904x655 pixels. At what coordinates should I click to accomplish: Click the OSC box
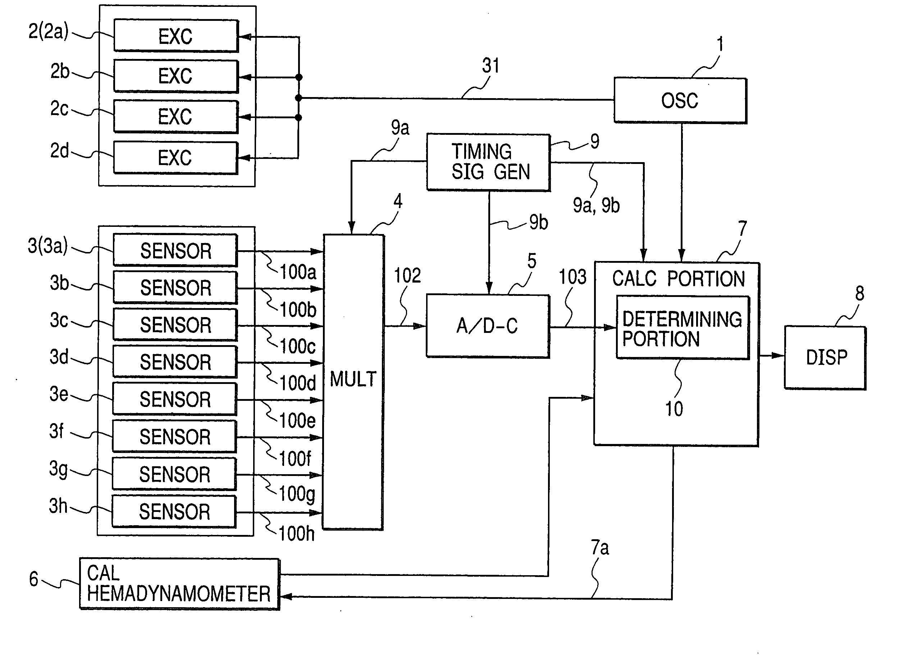pyautogui.click(x=680, y=100)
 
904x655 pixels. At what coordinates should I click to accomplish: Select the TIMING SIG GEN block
pyautogui.click(x=489, y=162)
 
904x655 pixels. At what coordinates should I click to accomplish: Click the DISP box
pyautogui.click(x=825, y=357)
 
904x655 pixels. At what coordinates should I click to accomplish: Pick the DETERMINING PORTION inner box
pyautogui.click(x=683, y=327)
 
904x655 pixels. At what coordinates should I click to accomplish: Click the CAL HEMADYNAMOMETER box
pyautogui.click(x=179, y=584)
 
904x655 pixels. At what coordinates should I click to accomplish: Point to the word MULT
pyautogui.click(x=353, y=379)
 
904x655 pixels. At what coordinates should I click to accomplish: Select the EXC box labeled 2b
pyautogui.click(x=176, y=76)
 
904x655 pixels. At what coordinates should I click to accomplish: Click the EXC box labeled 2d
pyautogui.click(x=175, y=158)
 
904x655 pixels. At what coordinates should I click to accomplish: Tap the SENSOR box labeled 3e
pyautogui.click(x=175, y=399)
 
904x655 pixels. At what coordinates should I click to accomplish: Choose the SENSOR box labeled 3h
pyautogui.click(x=174, y=512)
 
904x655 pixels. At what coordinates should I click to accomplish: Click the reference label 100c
pyautogui.click(x=297, y=346)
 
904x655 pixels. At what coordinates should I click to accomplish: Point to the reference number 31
pyautogui.click(x=491, y=65)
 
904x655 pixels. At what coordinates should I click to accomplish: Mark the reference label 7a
pyautogui.click(x=600, y=548)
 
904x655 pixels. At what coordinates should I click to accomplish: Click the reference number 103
pyautogui.click(x=573, y=276)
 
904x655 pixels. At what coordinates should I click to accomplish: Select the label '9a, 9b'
pyautogui.click(x=596, y=206)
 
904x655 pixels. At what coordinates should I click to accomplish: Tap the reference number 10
pyautogui.click(x=674, y=409)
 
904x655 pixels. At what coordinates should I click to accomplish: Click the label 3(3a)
pyautogui.click(x=48, y=246)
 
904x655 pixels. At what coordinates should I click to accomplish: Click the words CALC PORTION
pyautogui.click(x=679, y=279)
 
